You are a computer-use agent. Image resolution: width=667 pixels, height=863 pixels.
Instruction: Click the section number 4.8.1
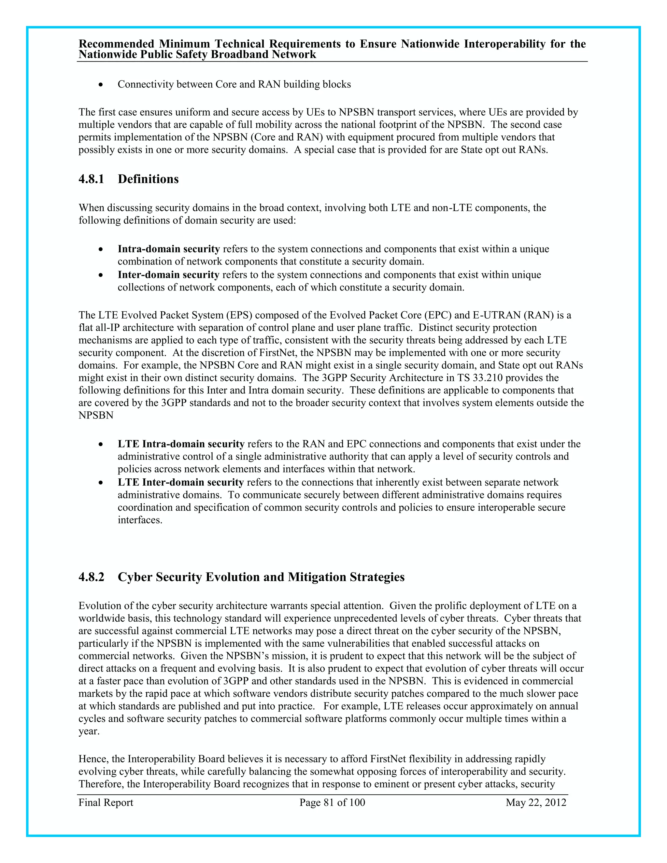(91, 179)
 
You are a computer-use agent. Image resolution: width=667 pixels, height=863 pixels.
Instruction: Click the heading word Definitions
(148, 179)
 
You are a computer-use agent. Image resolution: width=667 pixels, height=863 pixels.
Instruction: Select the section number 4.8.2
(91, 577)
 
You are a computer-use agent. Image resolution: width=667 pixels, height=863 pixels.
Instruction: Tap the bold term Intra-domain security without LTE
(169, 249)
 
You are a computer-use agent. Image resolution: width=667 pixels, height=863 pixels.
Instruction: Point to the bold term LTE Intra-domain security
(181, 444)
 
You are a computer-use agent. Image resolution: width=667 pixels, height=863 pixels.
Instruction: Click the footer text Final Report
(106, 802)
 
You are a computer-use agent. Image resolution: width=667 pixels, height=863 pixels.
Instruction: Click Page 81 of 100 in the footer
(332, 802)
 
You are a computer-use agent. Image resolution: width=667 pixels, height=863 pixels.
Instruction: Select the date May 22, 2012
(536, 802)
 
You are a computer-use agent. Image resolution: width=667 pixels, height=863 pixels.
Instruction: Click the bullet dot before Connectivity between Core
(101, 85)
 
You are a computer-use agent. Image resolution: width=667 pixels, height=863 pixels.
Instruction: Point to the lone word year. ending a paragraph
(89, 731)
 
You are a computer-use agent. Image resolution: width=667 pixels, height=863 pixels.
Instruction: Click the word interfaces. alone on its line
(140, 520)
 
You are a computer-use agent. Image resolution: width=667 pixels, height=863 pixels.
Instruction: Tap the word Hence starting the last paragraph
(93, 759)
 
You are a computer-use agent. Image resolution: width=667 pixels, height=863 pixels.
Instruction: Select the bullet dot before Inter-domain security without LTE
(101, 275)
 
